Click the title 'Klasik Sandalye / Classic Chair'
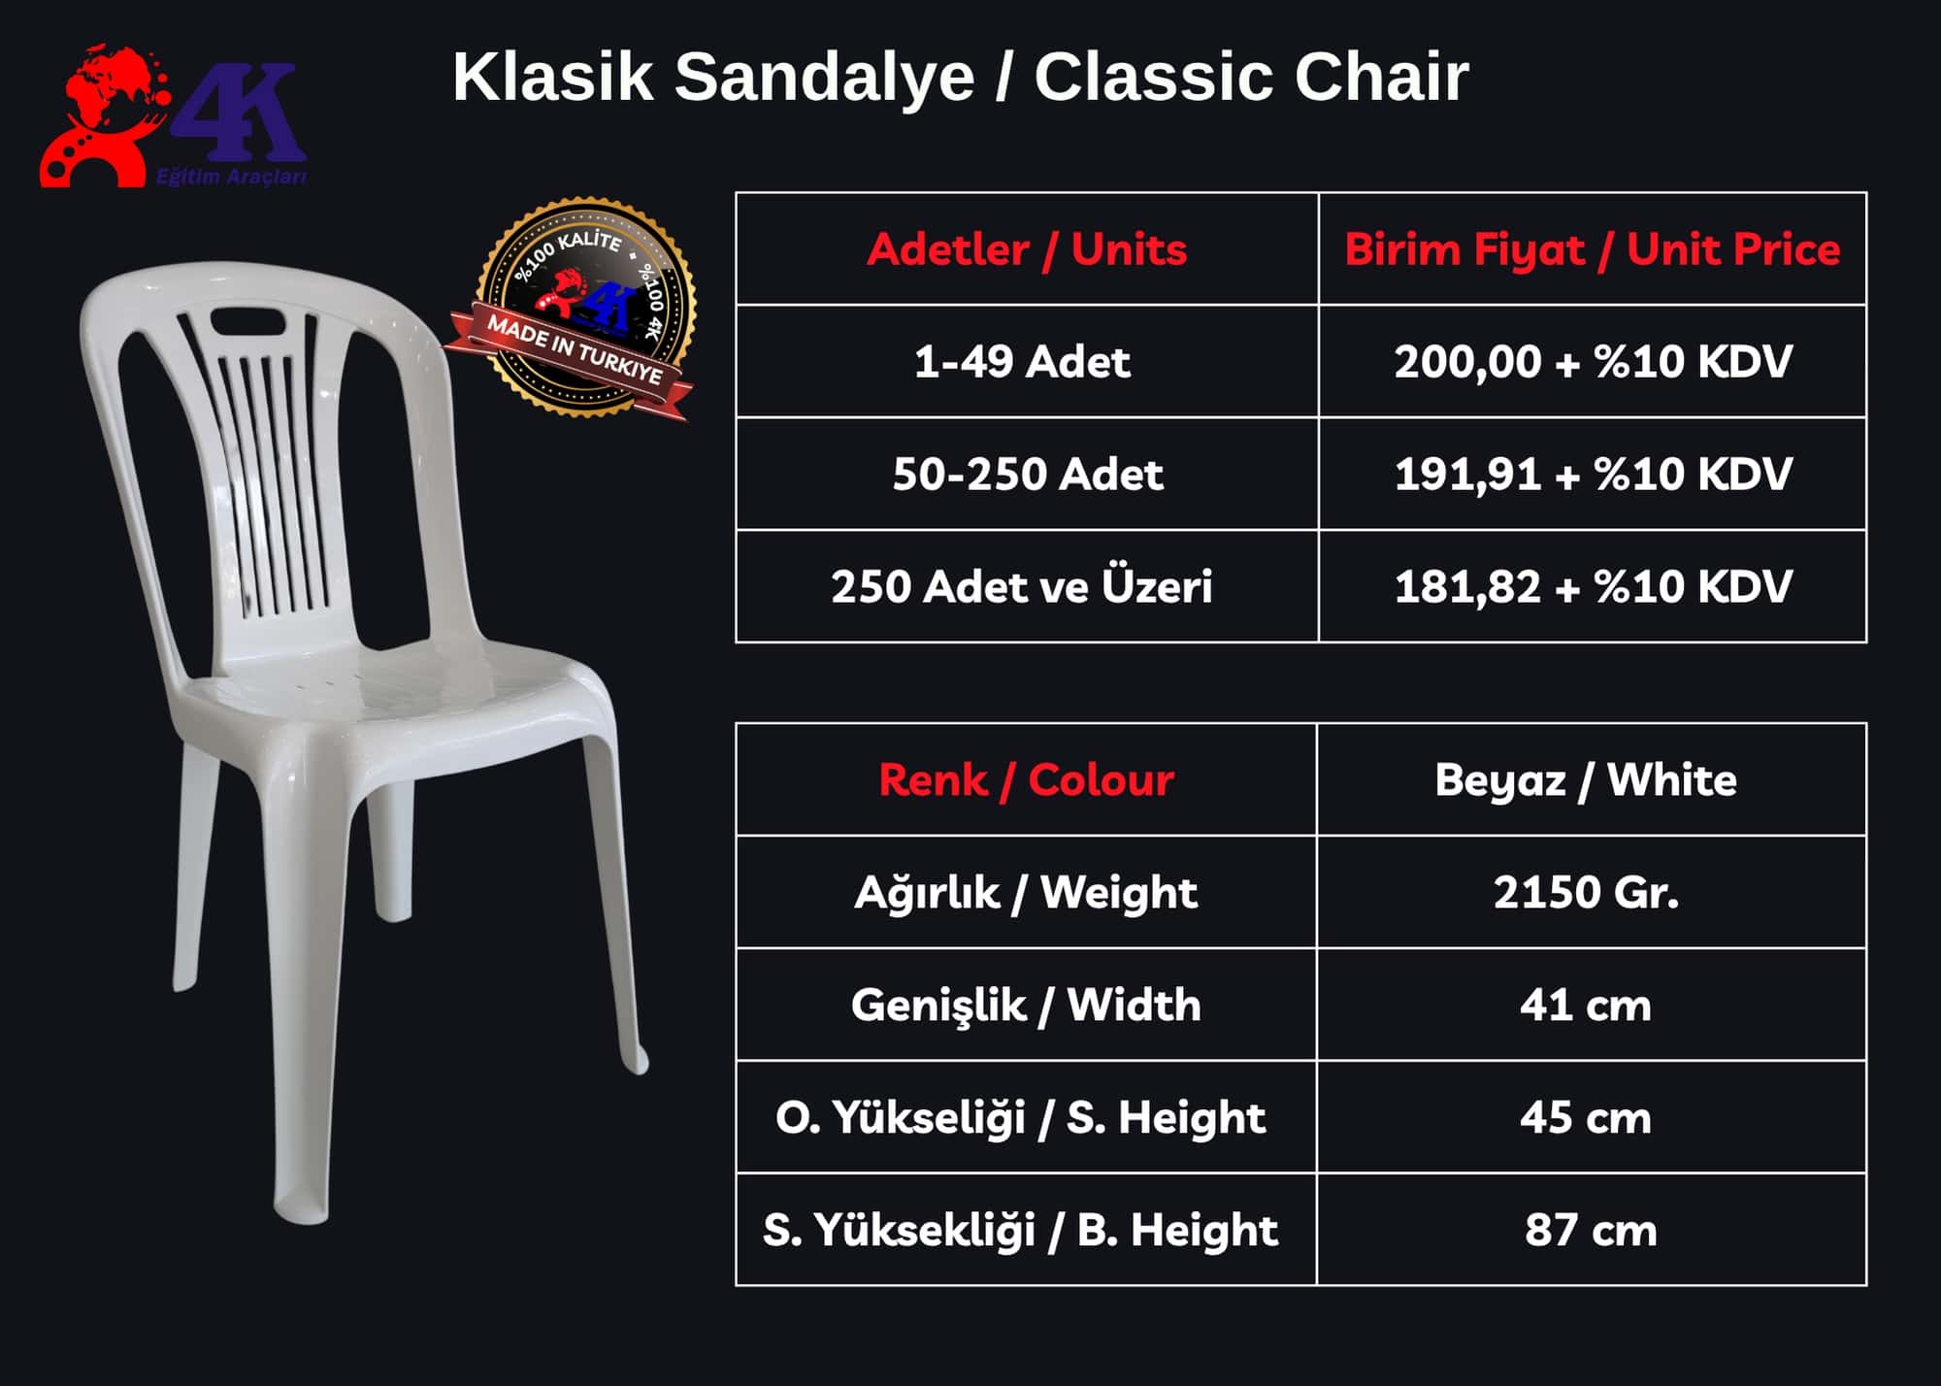click(961, 77)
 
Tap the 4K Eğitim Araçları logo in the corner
click(174, 116)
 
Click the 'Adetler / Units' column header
click(1027, 249)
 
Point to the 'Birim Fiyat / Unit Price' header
click(1592, 249)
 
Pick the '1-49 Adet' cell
click(1022, 362)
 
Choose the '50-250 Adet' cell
click(1028, 475)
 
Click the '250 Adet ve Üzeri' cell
click(1022, 586)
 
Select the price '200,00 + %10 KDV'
click(1593, 362)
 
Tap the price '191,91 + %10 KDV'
click(1593, 475)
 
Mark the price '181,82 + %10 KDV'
click(1593, 586)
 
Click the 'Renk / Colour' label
click(1026, 779)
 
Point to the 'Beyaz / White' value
click(1586, 779)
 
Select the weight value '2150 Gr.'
click(1586, 892)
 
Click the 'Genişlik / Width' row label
click(1026, 1005)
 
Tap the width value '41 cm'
click(1586, 1005)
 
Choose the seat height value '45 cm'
click(1586, 1117)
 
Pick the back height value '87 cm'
click(1591, 1230)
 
